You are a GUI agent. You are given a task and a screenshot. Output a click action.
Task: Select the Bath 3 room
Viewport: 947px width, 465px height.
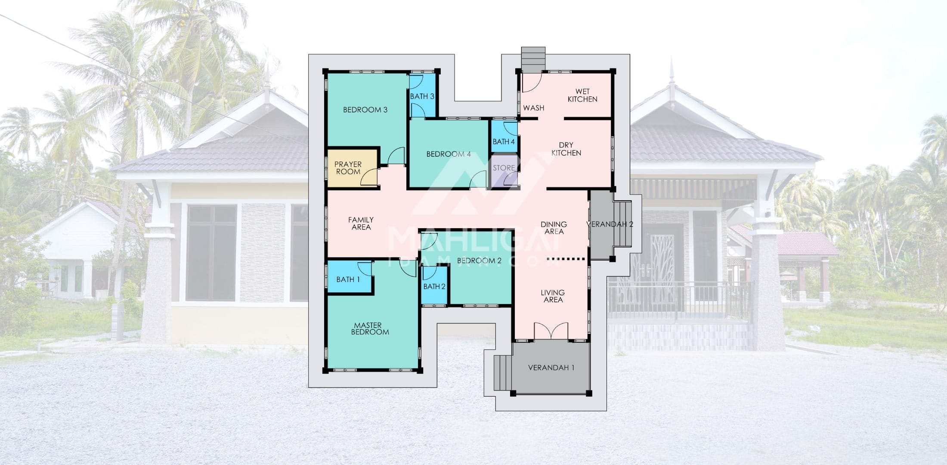[422, 96]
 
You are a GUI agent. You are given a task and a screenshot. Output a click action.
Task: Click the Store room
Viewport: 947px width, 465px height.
[504, 170]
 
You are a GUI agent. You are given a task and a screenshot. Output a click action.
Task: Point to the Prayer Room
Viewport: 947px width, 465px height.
[353, 168]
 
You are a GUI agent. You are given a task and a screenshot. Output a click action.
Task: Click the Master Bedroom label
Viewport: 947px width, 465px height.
[370, 329]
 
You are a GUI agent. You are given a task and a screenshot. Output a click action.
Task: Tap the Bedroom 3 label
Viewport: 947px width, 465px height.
[365, 110]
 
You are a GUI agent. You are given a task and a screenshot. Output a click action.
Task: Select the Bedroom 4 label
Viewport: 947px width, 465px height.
[449, 154]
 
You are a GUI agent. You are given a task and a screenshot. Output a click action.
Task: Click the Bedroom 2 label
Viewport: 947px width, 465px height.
[479, 260]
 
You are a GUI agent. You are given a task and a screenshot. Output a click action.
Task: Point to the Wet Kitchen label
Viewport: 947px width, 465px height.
[582, 95]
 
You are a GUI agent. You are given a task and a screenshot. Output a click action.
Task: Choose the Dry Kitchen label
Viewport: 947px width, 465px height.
[566, 149]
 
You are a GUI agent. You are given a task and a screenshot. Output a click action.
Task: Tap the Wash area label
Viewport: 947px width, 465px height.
[534, 108]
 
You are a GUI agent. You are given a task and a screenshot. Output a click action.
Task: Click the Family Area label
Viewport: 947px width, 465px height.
[361, 223]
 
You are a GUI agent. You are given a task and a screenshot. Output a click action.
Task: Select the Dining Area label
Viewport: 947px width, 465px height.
[554, 228]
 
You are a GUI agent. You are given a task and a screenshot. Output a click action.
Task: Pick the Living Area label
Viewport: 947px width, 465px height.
[553, 296]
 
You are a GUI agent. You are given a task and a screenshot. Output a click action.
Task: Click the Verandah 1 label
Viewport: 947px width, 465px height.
[551, 368]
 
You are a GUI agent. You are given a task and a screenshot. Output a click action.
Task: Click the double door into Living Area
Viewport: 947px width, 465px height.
[551, 332]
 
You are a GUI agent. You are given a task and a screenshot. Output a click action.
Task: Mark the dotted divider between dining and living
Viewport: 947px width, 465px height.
[566, 259]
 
